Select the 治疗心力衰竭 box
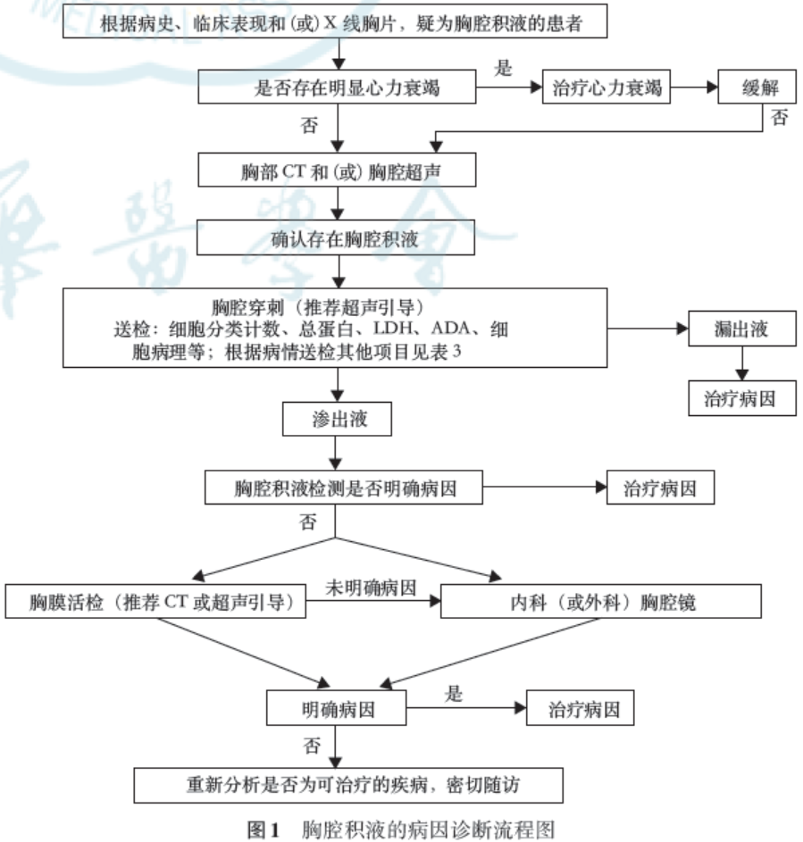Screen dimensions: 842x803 tap(606, 89)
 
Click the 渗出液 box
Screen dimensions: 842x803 tap(337, 419)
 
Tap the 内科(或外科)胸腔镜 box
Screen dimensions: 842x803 tap(601, 602)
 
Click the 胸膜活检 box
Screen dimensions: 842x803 tap(157, 602)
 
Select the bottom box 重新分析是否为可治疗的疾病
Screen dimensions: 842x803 tap(348, 785)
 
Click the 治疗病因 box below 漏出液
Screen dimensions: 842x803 tap(742, 399)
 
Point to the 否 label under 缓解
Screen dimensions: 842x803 tap(780, 119)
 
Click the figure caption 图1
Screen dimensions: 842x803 tap(264, 829)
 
